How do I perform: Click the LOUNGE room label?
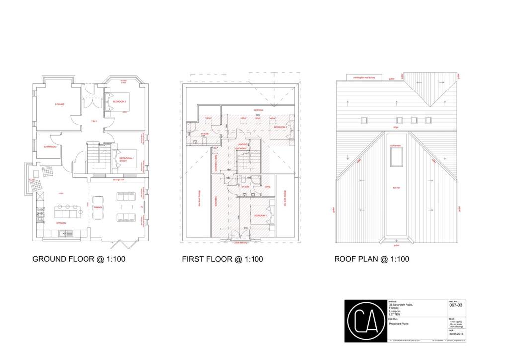(60, 104)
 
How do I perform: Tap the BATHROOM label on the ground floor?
(50, 147)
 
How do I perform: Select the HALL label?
(94, 121)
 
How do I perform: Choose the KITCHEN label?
(61, 223)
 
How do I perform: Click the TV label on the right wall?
(142, 207)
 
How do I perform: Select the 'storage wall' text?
(118, 180)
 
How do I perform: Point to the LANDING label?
(242, 144)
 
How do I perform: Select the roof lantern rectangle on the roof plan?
(397, 157)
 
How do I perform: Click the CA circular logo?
(365, 321)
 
